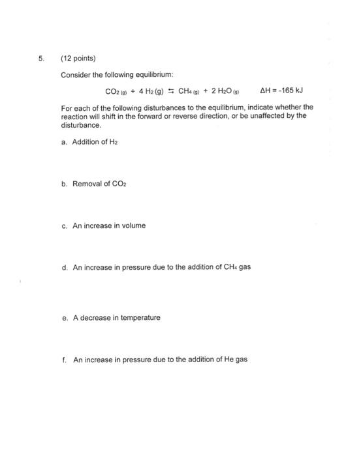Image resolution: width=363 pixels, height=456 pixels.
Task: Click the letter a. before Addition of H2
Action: (x=65, y=141)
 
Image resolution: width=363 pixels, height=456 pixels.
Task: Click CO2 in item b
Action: (x=119, y=184)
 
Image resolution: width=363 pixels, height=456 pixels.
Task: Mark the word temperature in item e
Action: (x=138, y=317)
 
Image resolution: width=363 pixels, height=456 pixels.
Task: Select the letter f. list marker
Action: (x=65, y=359)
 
